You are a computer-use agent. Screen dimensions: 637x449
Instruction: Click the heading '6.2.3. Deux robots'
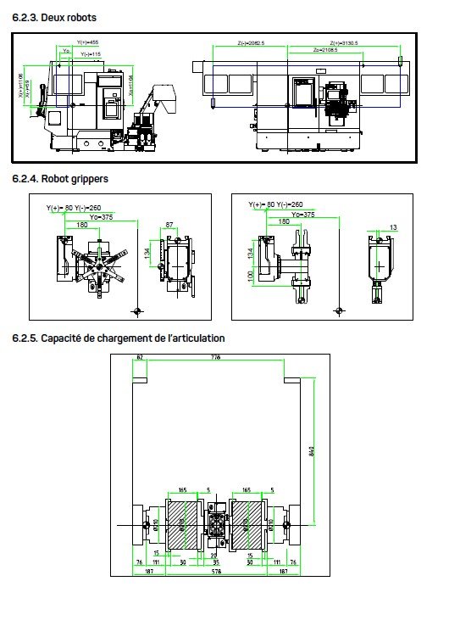54,17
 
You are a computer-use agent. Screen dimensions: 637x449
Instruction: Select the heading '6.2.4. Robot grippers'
60,179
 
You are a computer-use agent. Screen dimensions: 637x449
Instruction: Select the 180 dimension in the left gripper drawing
81,225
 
